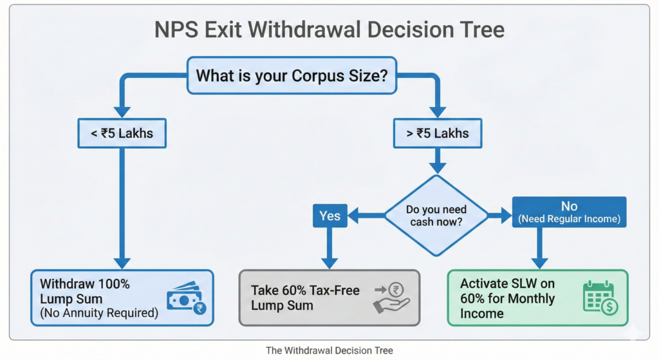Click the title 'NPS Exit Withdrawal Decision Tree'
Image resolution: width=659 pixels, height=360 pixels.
(329, 30)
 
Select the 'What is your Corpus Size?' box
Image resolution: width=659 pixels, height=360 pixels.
(292, 76)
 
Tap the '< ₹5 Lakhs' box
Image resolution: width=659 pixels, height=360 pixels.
(122, 134)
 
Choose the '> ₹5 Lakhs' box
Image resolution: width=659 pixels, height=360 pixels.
(437, 134)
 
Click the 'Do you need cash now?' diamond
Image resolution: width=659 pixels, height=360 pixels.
(437, 216)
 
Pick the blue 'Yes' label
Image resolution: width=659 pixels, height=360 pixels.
(329, 216)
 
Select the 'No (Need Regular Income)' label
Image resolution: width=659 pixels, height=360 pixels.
(569, 212)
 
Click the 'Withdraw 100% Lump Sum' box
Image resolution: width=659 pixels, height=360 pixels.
(122, 297)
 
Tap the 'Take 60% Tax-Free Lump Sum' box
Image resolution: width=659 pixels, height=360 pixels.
(329, 298)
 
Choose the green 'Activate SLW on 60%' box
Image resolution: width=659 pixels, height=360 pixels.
(537, 298)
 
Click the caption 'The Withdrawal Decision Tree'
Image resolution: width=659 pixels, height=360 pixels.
(329, 350)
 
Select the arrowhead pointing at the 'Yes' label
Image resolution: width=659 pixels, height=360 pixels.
(353, 216)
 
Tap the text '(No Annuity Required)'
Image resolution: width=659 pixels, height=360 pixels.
(98, 314)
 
